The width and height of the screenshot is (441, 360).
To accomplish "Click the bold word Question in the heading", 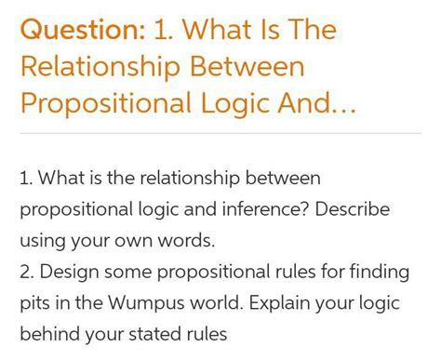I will pos(80,30).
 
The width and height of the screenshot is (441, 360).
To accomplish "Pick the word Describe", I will pos(353,209).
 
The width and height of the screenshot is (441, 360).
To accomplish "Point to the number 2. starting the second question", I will pos(27,273).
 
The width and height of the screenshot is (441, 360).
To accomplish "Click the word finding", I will pos(375,273).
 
